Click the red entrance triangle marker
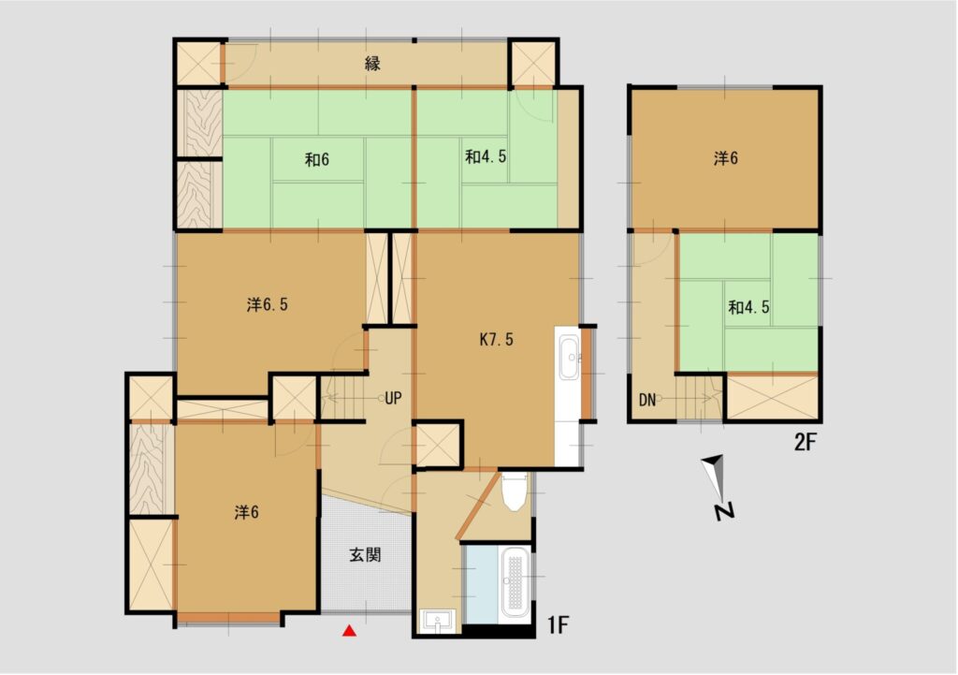click(349, 630)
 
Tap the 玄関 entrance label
click(366, 554)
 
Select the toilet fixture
click(515, 491)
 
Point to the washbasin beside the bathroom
click(438, 622)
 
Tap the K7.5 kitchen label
click(496, 340)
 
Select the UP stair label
click(394, 398)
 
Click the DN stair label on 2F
click(647, 401)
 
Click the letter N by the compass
click(725, 511)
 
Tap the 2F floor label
click(806, 442)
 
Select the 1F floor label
click(558, 624)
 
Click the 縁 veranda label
click(372, 63)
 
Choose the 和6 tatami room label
click(317, 159)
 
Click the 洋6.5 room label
click(268, 304)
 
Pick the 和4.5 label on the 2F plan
click(748, 307)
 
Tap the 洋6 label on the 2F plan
click(726, 158)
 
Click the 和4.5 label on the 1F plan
click(486, 156)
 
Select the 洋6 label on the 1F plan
click(247, 512)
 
